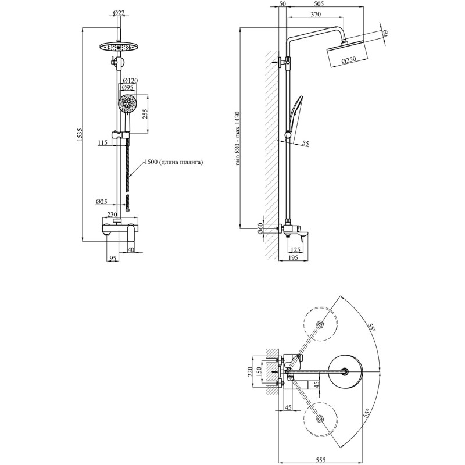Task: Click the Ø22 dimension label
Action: (x=119, y=13)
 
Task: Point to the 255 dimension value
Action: (x=145, y=113)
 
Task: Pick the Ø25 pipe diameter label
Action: (x=101, y=202)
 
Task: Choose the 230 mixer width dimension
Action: (x=112, y=214)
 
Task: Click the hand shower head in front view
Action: (x=127, y=103)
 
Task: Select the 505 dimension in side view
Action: (x=319, y=4)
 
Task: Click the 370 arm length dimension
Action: (x=316, y=14)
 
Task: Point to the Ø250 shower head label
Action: (x=348, y=60)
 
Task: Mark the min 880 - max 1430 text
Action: (x=237, y=139)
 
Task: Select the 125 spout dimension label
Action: (x=295, y=250)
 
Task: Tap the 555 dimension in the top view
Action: (x=321, y=460)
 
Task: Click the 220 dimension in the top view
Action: (x=249, y=371)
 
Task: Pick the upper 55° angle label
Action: (x=371, y=327)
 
